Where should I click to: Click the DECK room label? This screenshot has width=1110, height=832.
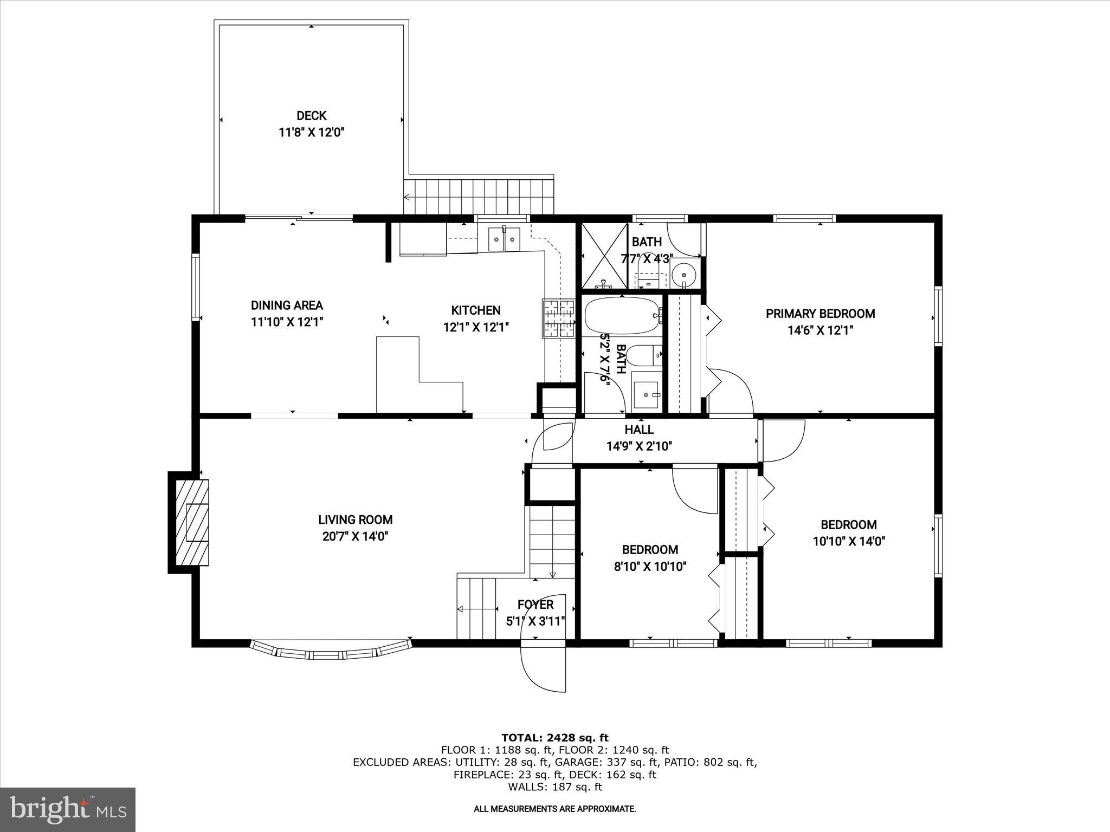click(311, 115)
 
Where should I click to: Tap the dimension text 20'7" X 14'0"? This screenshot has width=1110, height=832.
click(355, 537)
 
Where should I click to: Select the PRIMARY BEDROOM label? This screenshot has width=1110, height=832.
click(820, 314)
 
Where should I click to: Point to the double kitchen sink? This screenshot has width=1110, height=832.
click(504, 239)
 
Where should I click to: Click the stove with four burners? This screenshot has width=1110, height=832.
click(559, 318)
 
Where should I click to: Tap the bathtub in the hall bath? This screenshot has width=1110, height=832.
click(622, 315)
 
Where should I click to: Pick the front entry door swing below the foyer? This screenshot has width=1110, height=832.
click(544, 668)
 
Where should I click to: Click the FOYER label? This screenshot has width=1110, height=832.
click(535, 604)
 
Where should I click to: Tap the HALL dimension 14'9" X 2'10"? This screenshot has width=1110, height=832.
click(639, 446)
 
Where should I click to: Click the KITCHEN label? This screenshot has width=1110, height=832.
click(476, 310)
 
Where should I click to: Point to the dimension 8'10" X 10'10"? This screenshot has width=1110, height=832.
click(650, 567)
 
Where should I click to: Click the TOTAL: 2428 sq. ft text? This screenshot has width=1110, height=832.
click(554, 738)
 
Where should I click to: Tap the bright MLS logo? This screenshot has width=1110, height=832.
click(68, 809)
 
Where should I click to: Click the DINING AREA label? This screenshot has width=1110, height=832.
click(287, 305)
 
